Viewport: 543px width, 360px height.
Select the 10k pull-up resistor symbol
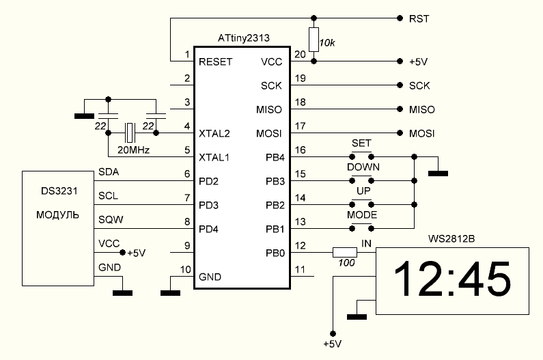[x=314, y=39]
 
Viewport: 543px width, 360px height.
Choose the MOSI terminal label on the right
[x=421, y=133]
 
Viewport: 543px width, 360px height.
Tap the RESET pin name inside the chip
[x=216, y=61]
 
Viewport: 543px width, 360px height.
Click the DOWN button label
[x=363, y=167]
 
